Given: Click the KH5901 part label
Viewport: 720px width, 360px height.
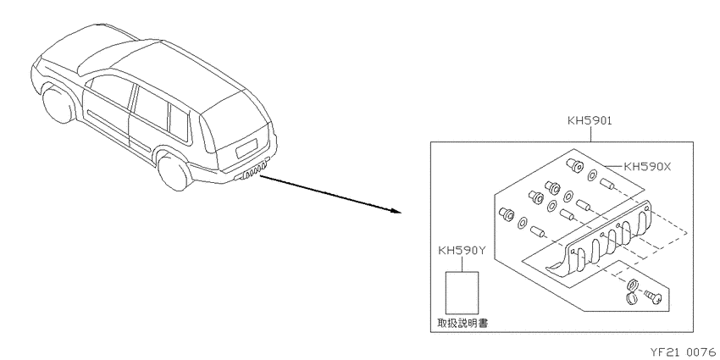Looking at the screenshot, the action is pos(590,121).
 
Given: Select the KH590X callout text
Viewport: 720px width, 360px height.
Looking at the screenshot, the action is pos(646,167).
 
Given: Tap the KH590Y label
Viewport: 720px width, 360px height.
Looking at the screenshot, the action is pos(462,251).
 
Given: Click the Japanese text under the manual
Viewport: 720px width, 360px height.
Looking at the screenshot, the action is pos(462,324).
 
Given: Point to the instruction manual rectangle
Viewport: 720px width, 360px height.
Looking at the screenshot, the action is pos(462,292).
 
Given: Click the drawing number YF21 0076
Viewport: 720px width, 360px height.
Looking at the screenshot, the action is pos(682,352).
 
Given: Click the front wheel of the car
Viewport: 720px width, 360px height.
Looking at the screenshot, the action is pos(57,105).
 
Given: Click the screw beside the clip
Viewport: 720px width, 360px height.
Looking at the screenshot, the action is pos(654,296).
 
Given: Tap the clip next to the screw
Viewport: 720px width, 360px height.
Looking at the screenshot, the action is pos(632,291).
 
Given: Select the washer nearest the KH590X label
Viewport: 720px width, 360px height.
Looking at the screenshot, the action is pos(592,174).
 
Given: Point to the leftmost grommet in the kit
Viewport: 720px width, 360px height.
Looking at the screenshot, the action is pos(506,213).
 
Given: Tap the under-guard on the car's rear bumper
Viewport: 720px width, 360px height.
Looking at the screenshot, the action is pos(252,172).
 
